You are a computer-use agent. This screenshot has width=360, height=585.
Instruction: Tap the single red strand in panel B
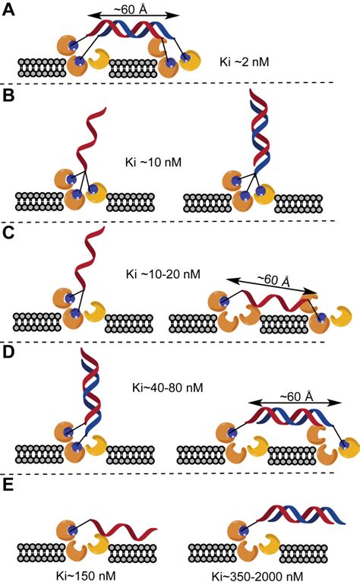click(90, 144)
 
